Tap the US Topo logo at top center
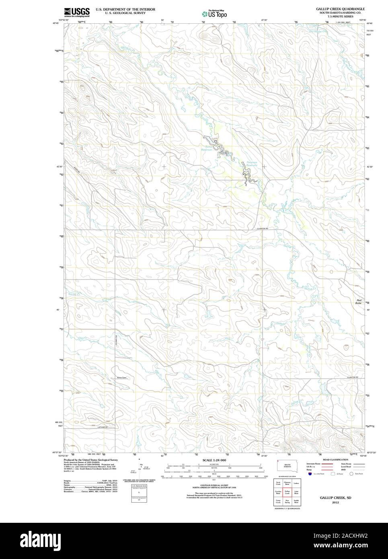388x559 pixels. click(214, 13)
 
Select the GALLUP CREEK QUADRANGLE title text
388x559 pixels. click(340, 8)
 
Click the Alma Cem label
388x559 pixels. click(121, 378)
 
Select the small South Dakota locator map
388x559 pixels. click(287, 465)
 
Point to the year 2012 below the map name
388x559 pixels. click(335, 502)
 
